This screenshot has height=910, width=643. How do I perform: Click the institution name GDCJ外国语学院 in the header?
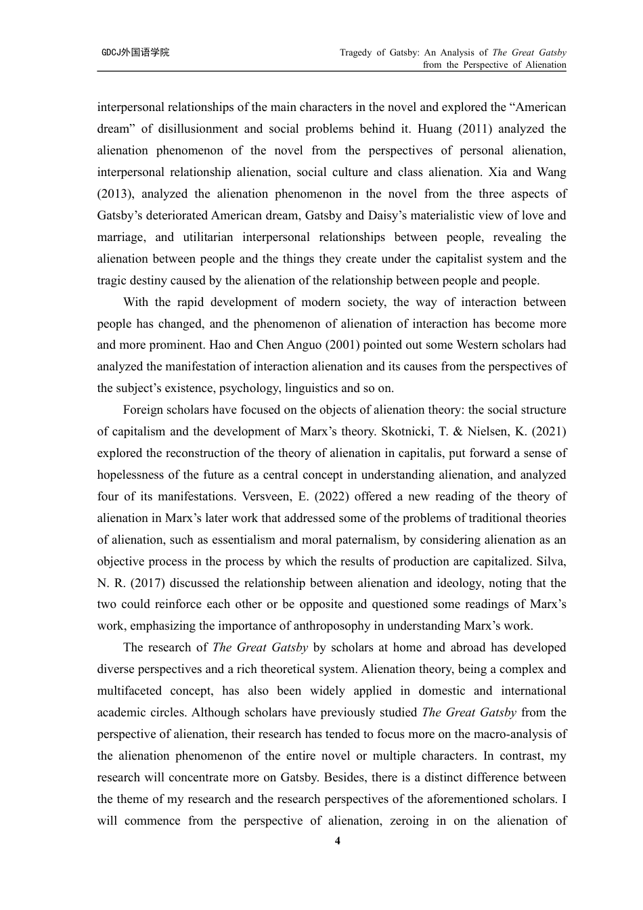point(135,52)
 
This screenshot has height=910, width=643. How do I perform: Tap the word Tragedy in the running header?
point(355,52)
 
